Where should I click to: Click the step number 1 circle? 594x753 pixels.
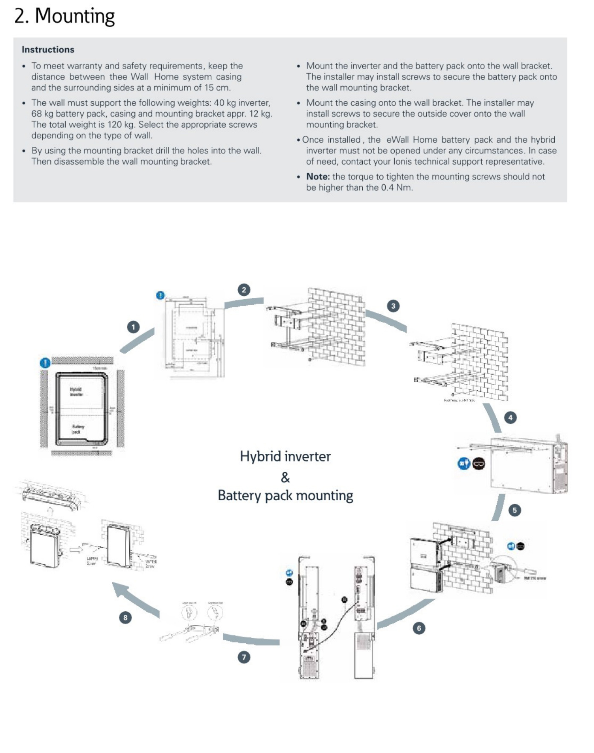point(134,327)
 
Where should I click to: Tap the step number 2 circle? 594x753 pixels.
point(244,290)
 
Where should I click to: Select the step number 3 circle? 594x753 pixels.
point(393,306)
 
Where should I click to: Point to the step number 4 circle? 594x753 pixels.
point(510,417)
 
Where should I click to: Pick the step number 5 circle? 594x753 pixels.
point(515,510)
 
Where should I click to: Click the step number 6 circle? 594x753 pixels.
point(419,628)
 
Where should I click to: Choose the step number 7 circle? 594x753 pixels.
point(244,657)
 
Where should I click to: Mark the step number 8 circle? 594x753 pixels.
point(125,617)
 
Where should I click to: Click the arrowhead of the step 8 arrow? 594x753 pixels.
point(119,590)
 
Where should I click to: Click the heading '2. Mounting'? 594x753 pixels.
point(64,16)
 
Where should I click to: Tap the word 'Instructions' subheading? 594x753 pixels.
point(48,50)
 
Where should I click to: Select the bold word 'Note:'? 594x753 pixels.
point(317,177)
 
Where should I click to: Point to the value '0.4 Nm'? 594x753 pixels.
point(396,188)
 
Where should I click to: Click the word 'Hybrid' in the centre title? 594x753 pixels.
point(259,456)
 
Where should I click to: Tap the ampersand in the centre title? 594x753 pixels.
point(285,477)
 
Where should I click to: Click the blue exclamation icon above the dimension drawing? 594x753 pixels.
point(160,295)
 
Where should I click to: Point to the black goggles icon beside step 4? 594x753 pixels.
point(479,464)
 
